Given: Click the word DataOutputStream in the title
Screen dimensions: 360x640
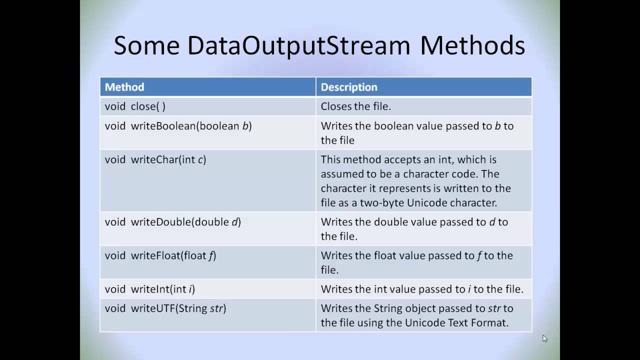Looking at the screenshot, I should [x=298, y=45].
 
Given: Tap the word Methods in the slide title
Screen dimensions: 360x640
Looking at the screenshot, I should [x=472, y=45].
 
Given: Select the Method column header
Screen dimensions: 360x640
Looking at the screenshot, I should [x=124, y=87].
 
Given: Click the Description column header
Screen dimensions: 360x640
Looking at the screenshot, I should [x=349, y=87].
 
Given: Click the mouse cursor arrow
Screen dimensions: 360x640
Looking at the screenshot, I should [x=544, y=338].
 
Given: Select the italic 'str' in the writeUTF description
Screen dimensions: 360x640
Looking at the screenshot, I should [x=494, y=308].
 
